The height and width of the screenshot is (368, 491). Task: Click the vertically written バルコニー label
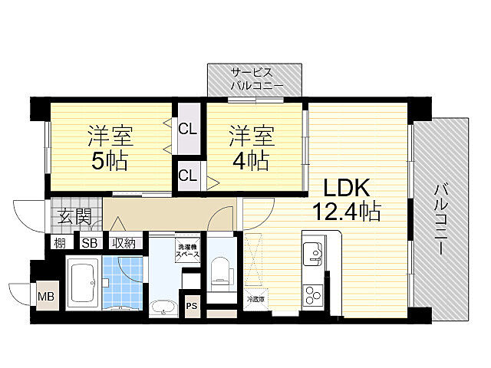pos(440,219)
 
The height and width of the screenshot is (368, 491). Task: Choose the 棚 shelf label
pos(59,243)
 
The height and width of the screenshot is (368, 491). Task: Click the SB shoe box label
pos(89,243)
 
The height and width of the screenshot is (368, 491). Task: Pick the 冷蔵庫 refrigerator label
pos(256,298)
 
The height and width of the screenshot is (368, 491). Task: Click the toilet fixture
pos(219,271)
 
